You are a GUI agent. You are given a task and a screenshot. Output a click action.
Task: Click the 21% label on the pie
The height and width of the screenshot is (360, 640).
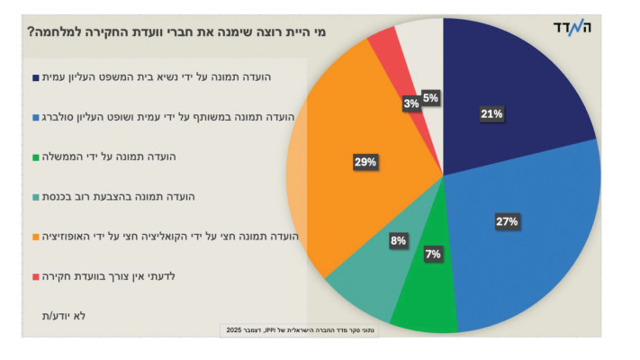pos(491,114)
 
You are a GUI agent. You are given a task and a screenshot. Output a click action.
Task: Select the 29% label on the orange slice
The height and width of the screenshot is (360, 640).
pos(365,162)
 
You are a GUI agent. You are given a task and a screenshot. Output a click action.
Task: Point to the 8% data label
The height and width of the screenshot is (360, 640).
pos(398,240)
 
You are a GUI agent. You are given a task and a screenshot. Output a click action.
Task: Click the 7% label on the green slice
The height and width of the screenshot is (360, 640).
pos(432,255)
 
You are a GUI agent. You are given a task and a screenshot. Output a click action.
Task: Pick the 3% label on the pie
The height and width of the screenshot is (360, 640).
pos(410,103)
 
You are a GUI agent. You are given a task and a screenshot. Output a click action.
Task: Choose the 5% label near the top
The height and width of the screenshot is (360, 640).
pos(430,98)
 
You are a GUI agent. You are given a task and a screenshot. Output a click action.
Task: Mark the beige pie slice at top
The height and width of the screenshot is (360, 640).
pos(421,40)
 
